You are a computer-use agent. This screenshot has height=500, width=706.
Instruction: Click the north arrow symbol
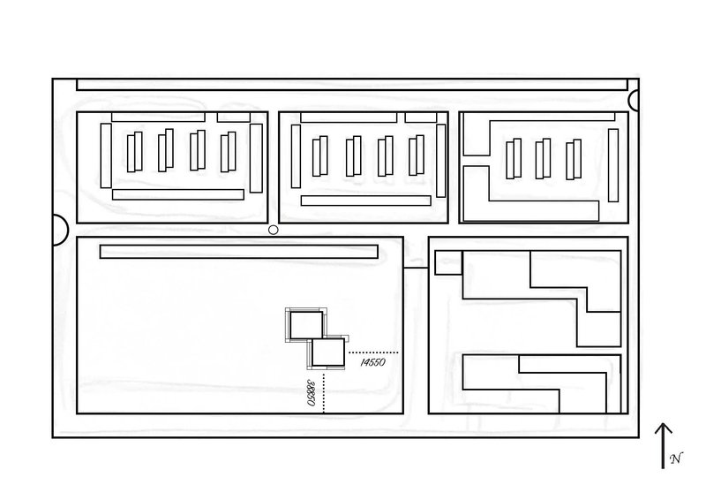[x=663, y=443]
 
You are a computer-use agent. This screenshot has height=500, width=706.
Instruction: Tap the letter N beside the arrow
[x=675, y=458]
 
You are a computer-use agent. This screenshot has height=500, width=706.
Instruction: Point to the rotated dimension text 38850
[x=312, y=392]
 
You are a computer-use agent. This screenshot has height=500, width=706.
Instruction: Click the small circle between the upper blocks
[x=273, y=230]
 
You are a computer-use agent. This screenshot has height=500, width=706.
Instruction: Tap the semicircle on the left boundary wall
[x=60, y=230]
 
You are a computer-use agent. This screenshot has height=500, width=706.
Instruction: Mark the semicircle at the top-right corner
[x=634, y=102]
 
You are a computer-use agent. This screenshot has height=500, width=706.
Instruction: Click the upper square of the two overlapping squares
[x=307, y=325]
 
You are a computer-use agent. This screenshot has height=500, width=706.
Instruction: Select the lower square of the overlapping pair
[x=327, y=353]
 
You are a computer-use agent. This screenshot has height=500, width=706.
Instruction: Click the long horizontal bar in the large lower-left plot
[x=239, y=252]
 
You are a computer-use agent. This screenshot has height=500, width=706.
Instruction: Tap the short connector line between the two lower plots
[x=415, y=268]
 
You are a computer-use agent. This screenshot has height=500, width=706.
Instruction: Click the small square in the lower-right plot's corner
[x=448, y=262]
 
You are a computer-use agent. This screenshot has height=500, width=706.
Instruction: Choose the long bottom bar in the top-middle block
[x=365, y=201]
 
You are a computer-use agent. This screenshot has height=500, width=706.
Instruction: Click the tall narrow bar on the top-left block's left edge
[x=106, y=156]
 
